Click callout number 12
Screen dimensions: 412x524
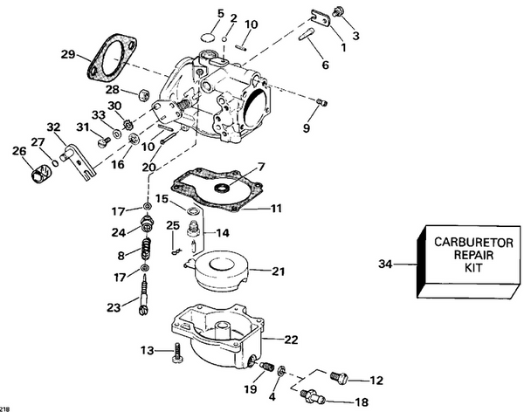coord(376,380)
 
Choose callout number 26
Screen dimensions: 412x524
coord(19,150)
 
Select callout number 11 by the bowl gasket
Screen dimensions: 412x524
coord(277,209)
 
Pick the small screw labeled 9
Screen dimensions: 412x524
coord(321,103)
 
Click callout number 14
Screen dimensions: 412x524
coord(223,233)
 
